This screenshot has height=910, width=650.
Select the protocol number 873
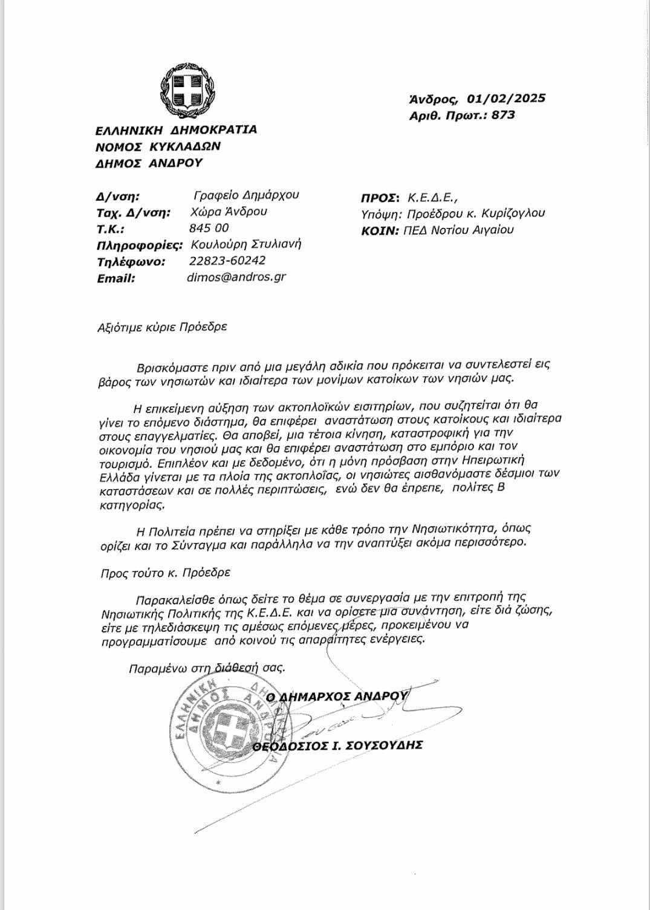point(504,115)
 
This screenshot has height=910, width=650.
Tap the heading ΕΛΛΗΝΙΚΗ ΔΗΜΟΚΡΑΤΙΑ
point(176,129)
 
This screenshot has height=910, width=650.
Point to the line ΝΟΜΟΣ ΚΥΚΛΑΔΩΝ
point(158,146)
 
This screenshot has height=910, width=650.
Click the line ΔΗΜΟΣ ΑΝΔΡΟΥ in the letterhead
point(149,163)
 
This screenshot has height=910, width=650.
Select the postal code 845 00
point(209,228)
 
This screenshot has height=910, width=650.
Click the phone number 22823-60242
point(227,261)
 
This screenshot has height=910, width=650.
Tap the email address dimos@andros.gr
point(237,278)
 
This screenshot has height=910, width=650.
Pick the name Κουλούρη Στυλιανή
point(245,244)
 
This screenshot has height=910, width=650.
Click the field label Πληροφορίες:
point(140,245)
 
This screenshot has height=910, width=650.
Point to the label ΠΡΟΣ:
point(380,197)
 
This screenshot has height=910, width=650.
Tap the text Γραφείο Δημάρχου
point(246,195)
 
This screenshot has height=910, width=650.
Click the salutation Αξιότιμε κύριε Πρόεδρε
point(162,328)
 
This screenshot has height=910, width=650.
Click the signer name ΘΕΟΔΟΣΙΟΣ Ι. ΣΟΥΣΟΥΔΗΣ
point(337,745)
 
